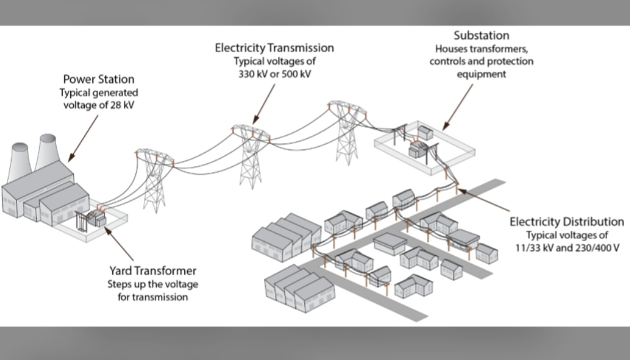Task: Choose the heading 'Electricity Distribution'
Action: coord(566,222)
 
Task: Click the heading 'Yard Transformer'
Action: coord(152,272)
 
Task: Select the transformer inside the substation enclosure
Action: coord(419,150)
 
